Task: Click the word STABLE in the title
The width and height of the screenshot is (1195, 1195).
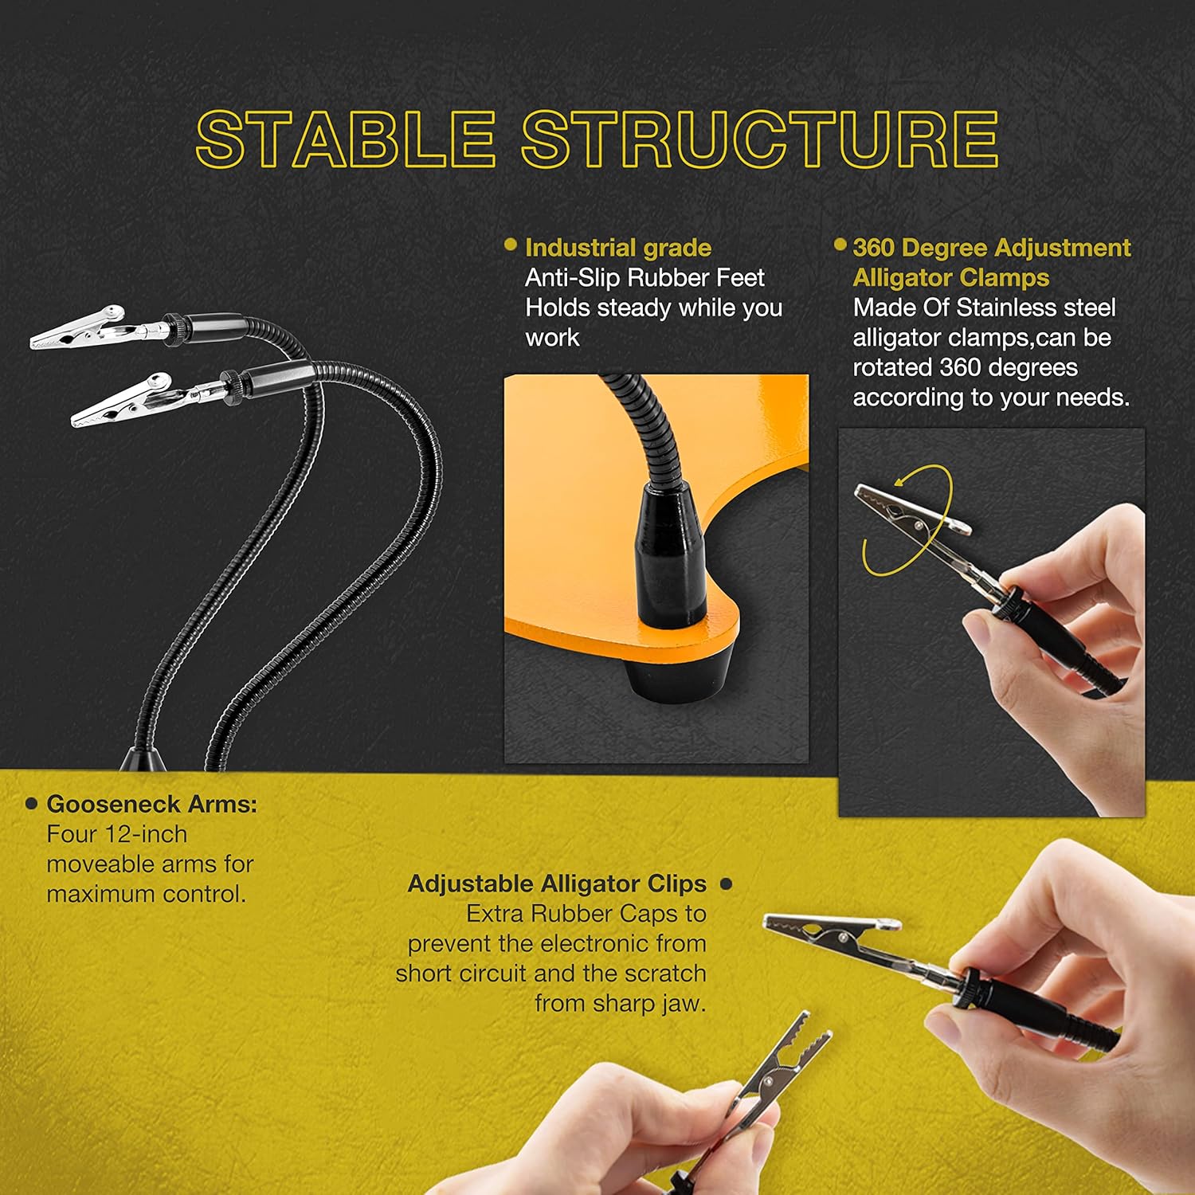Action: coord(345,139)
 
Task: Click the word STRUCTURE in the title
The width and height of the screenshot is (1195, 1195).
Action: coord(760,139)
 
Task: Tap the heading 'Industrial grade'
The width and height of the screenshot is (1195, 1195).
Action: coord(618,248)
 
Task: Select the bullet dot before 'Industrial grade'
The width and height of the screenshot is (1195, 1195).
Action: coord(511,245)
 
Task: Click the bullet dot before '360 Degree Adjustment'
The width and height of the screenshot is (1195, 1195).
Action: coord(840,245)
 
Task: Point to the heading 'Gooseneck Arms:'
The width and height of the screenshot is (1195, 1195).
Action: coord(152,804)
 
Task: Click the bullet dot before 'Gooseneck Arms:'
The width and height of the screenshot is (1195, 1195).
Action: coord(32,804)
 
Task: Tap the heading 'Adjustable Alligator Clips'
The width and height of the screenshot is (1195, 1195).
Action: coord(557,884)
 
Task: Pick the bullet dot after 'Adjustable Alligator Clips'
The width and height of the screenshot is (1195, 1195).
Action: coord(726,884)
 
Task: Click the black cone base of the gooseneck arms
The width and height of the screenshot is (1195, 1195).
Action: coord(143,758)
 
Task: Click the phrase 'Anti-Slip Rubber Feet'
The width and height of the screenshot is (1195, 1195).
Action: coord(645,278)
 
